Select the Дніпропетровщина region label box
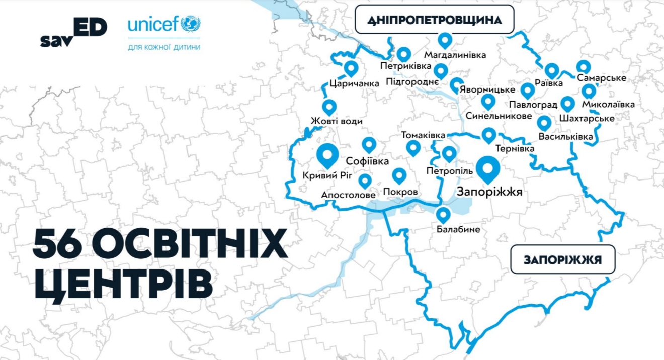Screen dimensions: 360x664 pyautogui.click(x=435, y=20)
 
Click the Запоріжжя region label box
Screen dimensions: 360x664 pyautogui.click(x=563, y=260)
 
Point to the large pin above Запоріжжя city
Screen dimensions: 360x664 pyautogui.click(x=488, y=169)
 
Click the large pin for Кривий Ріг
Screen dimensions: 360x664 pyautogui.click(x=327, y=155)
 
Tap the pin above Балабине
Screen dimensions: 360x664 pyautogui.click(x=443, y=215)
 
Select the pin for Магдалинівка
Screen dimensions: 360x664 pyautogui.click(x=445, y=40)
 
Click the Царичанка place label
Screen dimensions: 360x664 pyautogui.click(x=355, y=83)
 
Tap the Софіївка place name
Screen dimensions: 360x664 pyautogui.click(x=368, y=161)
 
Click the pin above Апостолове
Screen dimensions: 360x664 pyautogui.click(x=365, y=181)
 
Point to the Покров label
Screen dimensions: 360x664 pyautogui.click(x=400, y=192)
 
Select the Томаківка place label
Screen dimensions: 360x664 pyautogui.click(x=423, y=136)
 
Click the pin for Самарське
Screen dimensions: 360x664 pyautogui.click(x=583, y=66)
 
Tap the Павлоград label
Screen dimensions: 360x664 pyautogui.click(x=533, y=105)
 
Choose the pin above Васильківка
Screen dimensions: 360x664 pyautogui.click(x=544, y=123)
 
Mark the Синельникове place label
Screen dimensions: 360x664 pyautogui.click(x=499, y=116)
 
